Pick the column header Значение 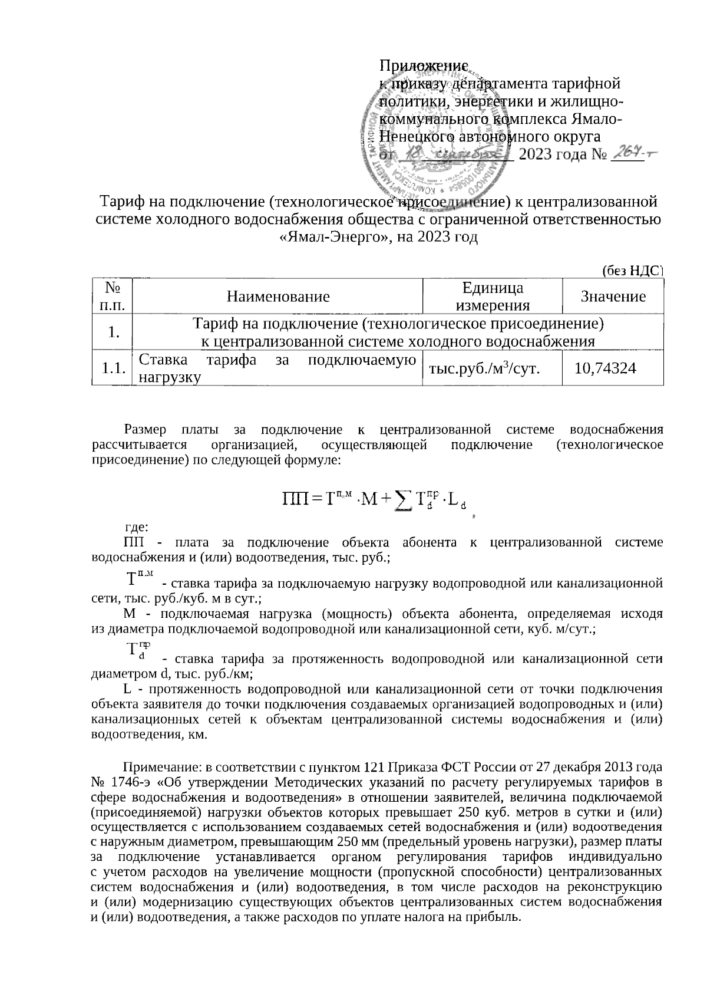click(613, 296)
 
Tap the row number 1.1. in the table click(113, 369)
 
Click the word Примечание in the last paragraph click(158, 768)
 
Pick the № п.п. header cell click(113, 296)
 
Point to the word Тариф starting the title click(120, 202)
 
